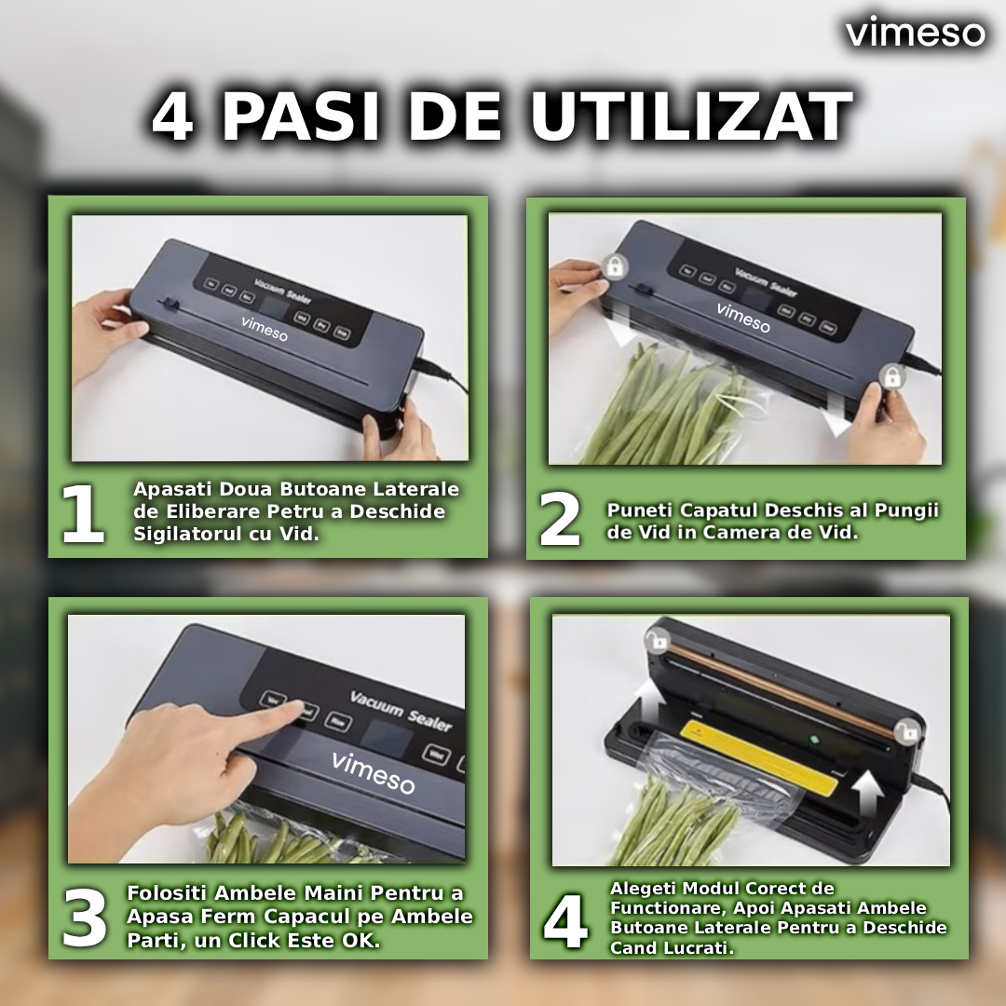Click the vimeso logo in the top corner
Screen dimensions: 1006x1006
[915, 34]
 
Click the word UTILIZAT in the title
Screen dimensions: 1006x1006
[691, 117]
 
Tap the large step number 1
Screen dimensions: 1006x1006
[83, 515]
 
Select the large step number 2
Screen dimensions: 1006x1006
[560, 520]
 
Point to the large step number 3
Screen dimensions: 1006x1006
[86, 918]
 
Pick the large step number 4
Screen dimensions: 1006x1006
[565, 922]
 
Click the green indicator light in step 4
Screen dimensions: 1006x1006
[812, 741]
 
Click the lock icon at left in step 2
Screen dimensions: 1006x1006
[615, 266]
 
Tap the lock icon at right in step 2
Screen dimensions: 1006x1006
[891, 377]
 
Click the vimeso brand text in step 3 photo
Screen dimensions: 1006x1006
[373, 772]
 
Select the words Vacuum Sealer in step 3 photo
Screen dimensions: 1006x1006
[401, 711]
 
